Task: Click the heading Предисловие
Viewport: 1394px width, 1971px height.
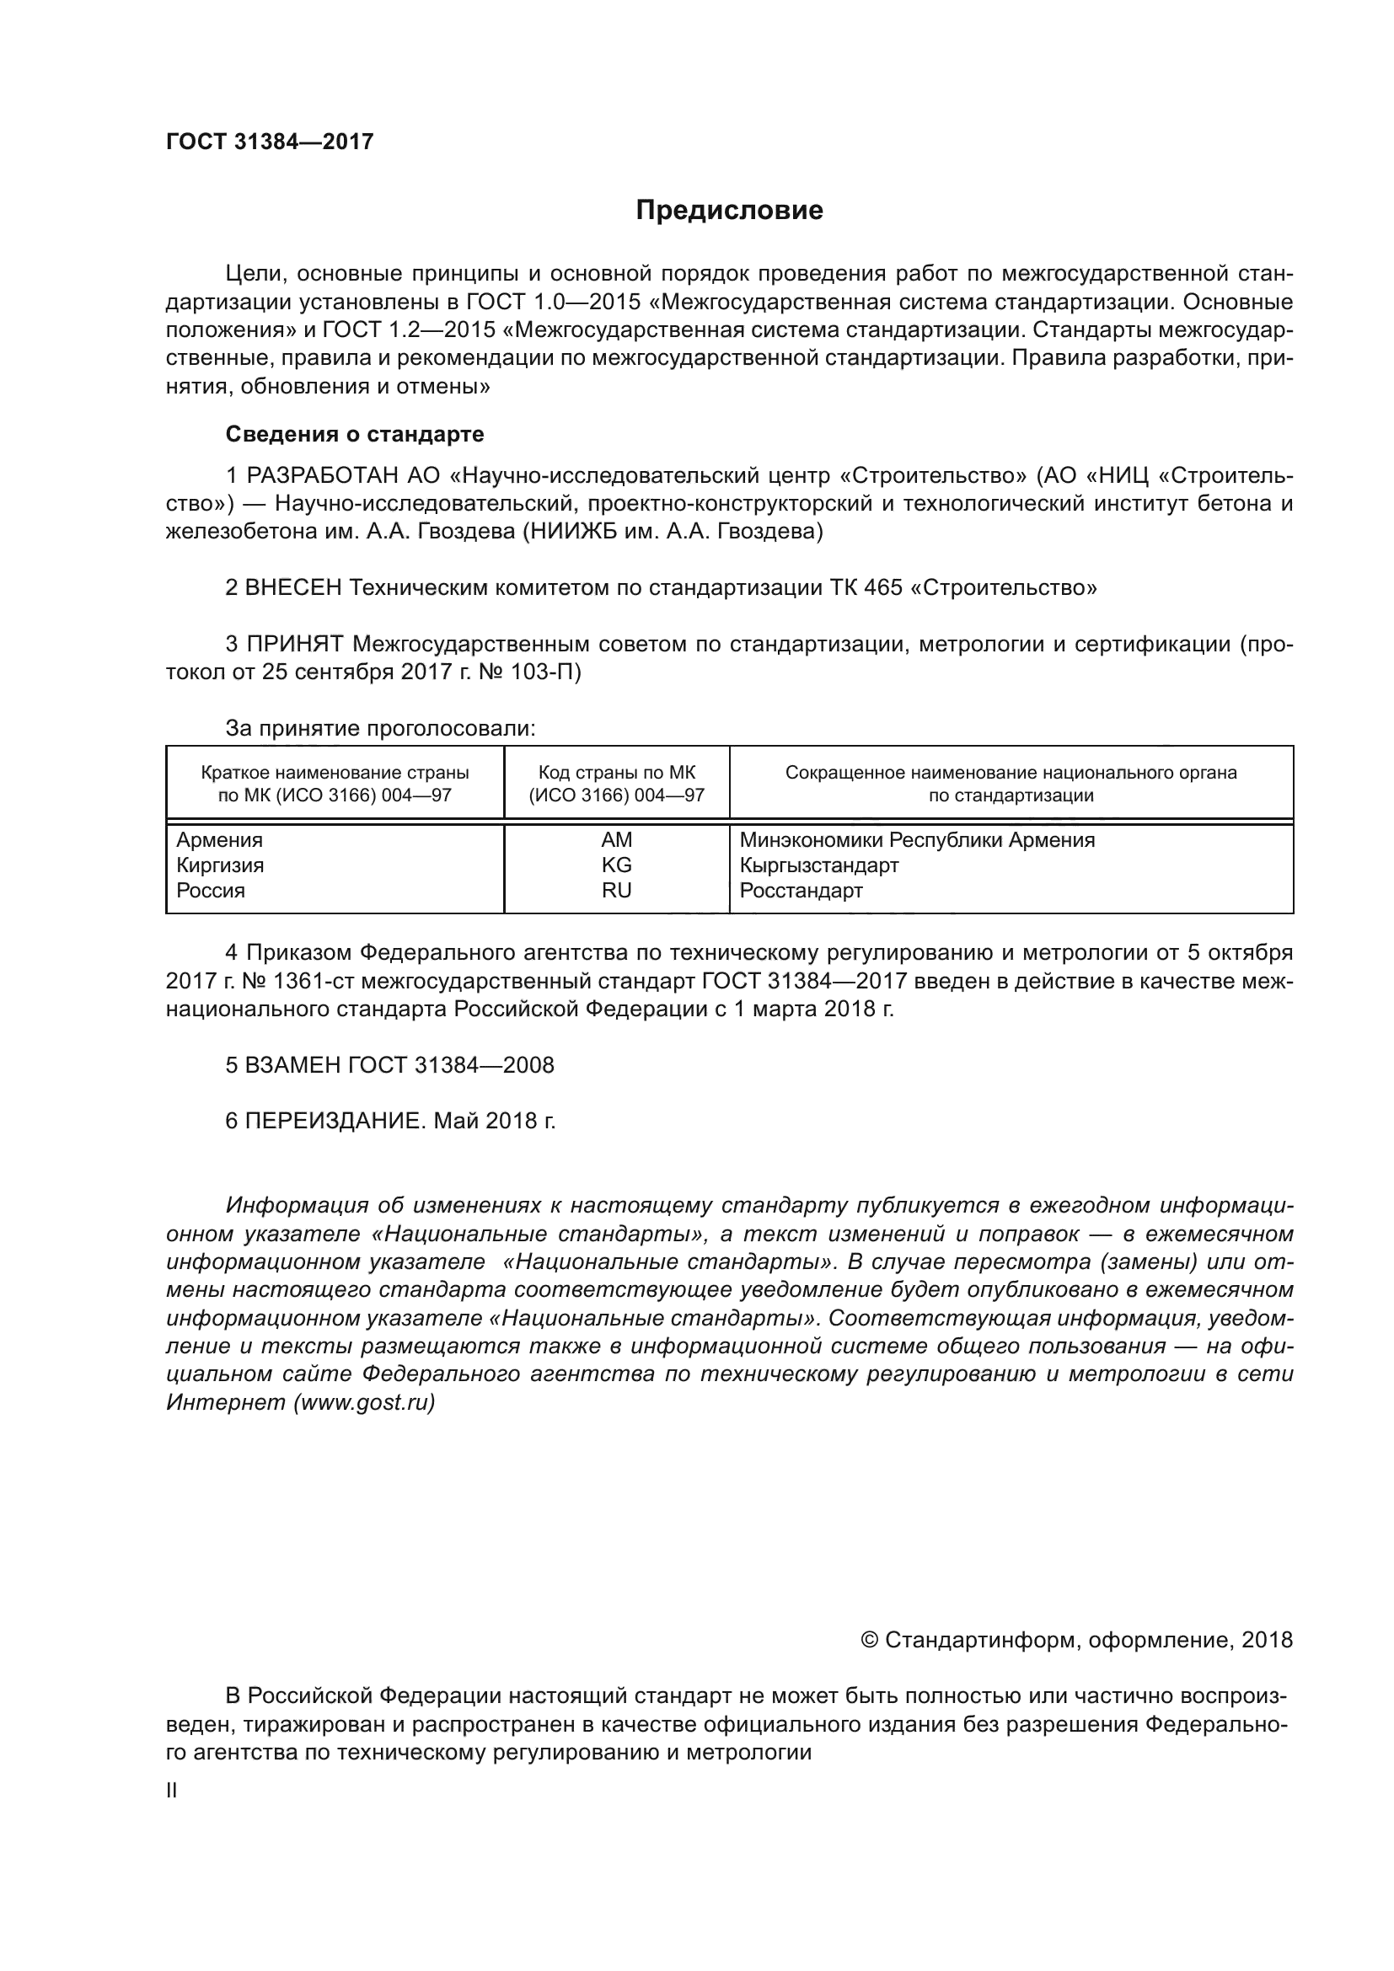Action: pyautogui.click(x=729, y=211)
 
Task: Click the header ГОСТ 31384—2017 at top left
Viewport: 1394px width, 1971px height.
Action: pyautogui.click(x=270, y=142)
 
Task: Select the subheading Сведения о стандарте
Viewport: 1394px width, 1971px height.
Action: pyautogui.click(x=355, y=434)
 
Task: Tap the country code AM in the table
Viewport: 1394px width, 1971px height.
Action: pyautogui.click(x=616, y=839)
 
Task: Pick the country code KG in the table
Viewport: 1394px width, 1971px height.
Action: pyautogui.click(x=616, y=865)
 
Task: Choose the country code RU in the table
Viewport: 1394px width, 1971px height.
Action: pyautogui.click(x=616, y=890)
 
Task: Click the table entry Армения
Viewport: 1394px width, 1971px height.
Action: pyautogui.click(x=220, y=839)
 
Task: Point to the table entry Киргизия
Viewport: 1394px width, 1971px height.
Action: pyautogui.click(x=220, y=865)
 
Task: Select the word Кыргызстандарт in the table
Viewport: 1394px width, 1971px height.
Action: pyautogui.click(x=819, y=865)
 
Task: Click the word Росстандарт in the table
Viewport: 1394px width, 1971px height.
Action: pyautogui.click(x=801, y=890)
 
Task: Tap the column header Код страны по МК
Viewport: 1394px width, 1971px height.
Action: pyautogui.click(x=616, y=773)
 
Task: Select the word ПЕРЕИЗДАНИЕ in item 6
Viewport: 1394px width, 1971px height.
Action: pyautogui.click(x=335, y=1121)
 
